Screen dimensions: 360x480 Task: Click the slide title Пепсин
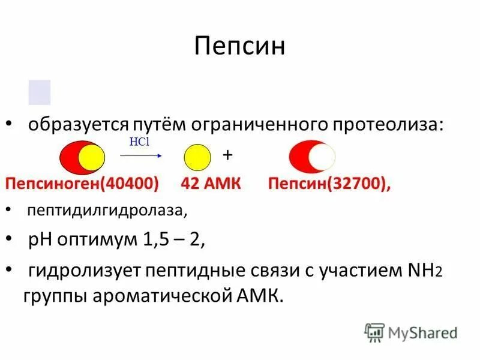pyautogui.click(x=239, y=46)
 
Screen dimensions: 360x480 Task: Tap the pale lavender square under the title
pyautogui.click(x=40, y=92)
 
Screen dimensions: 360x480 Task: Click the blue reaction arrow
pyautogui.click(x=142, y=155)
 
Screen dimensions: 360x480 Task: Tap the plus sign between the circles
pyautogui.click(x=227, y=154)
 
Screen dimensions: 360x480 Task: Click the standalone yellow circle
pyautogui.click(x=197, y=158)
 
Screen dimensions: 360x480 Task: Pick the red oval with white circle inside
pyautogui.click(x=312, y=158)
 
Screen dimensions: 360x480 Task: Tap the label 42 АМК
pyautogui.click(x=211, y=184)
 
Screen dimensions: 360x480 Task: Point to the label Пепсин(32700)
pyautogui.click(x=329, y=184)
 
